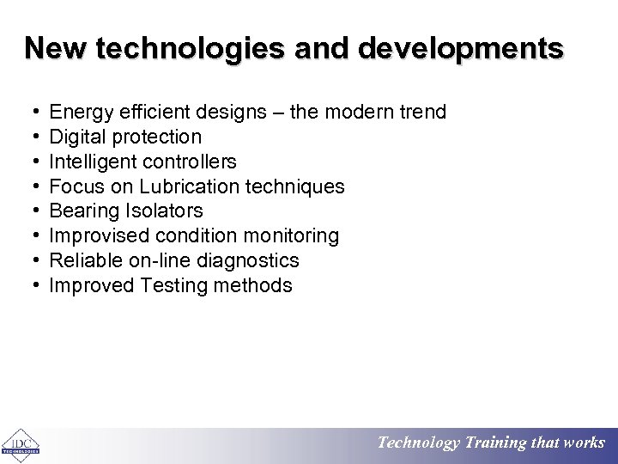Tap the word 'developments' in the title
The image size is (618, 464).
tap(461, 48)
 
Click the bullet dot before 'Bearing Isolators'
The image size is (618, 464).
tap(31, 211)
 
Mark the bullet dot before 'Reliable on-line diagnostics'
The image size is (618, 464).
tap(31, 260)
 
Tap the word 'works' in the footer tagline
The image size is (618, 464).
tap(585, 443)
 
